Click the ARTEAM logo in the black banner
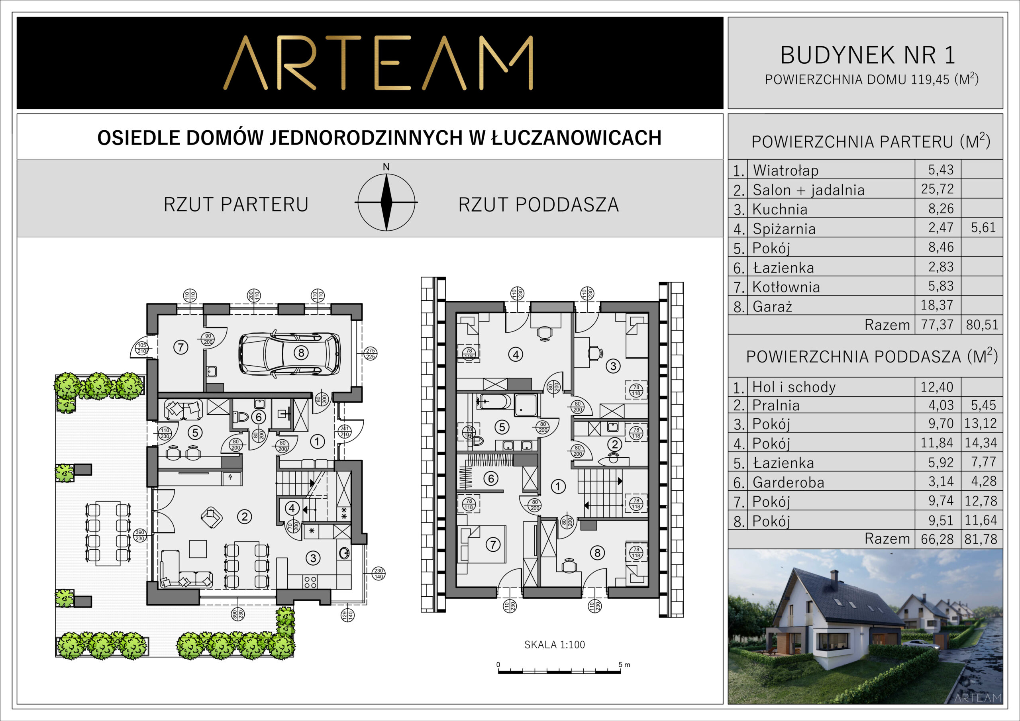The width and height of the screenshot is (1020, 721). [378, 63]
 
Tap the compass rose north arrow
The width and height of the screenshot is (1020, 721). [386, 202]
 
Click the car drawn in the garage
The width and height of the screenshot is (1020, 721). [290, 353]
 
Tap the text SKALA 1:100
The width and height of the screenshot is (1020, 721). [554, 645]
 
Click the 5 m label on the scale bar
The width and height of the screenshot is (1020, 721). [624, 665]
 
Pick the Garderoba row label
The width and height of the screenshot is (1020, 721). [789, 482]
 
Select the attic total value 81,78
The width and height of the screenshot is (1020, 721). [981, 539]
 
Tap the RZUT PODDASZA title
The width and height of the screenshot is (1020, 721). [538, 205]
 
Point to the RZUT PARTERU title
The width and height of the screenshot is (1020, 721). [236, 205]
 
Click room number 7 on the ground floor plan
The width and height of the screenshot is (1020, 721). [180, 347]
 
